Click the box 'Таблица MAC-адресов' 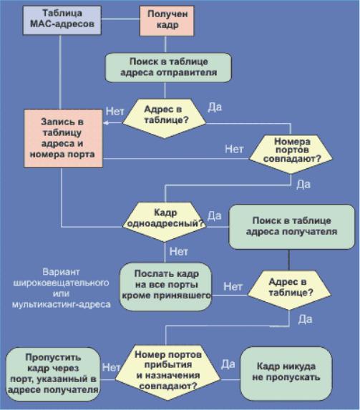[62, 21]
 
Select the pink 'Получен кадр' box [167, 21]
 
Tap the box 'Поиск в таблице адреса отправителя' [168, 67]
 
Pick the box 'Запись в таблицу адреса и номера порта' [63, 138]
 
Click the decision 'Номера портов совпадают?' [291, 155]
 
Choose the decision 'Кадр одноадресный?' [165, 222]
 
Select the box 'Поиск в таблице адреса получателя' [292, 226]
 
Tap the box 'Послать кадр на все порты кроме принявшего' [165, 287]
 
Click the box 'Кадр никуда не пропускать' [286, 374]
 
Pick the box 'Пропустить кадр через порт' [53, 374]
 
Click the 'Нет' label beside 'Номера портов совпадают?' [234, 149]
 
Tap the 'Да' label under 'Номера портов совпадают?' [303, 185]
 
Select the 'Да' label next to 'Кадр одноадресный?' [215, 216]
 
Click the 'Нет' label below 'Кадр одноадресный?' [179, 252]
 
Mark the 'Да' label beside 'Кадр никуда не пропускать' [228, 364]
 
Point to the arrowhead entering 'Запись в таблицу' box [106, 123]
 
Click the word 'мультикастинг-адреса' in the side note [62, 304]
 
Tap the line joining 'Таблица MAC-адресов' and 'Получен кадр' [120, 19]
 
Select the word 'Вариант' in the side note [61, 272]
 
